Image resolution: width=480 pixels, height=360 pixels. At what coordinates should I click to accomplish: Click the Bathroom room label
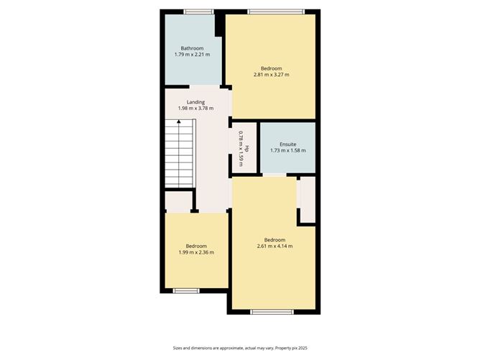(x=191, y=48)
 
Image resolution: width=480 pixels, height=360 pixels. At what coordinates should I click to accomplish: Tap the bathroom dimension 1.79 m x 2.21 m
(x=191, y=55)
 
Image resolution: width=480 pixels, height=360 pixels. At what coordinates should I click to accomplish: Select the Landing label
(x=195, y=102)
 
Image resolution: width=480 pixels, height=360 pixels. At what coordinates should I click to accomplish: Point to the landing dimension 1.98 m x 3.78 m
(x=195, y=109)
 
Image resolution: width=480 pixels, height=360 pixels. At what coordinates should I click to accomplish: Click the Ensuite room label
(x=287, y=144)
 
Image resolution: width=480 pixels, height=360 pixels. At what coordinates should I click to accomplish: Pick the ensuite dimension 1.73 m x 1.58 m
(x=287, y=150)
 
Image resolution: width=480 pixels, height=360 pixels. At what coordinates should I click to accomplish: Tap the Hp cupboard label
(x=247, y=149)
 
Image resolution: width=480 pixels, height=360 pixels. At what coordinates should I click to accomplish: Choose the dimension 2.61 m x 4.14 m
(x=274, y=246)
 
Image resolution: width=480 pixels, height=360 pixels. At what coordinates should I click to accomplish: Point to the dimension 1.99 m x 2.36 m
(x=196, y=252)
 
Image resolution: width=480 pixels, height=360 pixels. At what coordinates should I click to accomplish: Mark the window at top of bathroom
(x=198, y=11)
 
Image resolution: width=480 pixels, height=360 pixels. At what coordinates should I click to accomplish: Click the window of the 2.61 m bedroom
(x=272, y=311)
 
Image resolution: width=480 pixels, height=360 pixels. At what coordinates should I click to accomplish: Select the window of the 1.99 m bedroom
(x=186, y=290)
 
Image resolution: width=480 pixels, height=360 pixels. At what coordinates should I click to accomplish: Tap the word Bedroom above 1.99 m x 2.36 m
(x=196, y=246)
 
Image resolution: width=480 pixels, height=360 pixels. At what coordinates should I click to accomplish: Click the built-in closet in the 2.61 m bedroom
(x=307, y=200)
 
